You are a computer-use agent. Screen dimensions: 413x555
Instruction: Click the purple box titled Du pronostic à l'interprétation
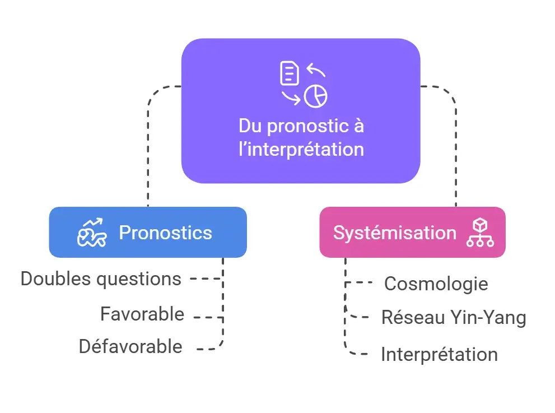pos(301,111)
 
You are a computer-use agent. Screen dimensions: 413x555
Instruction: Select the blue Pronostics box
pos(148,233)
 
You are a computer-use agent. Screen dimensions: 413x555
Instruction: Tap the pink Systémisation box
pos(412,233)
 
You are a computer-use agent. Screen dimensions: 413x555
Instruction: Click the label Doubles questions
pos(101,279)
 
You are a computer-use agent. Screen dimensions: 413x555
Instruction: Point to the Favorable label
pos(142,314)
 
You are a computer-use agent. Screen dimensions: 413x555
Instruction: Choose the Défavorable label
pos(130,346)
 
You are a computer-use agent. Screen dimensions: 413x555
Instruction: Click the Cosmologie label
pos(436,284)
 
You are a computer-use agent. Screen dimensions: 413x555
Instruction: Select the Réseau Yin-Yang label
pos(454,317)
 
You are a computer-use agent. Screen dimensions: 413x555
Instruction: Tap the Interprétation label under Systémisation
pos(439,354)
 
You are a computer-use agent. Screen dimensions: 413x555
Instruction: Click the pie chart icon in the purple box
pos(316,96)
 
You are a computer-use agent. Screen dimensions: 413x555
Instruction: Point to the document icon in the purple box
pos(289,73)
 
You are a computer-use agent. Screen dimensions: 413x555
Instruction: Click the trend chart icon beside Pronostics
pos(91,233)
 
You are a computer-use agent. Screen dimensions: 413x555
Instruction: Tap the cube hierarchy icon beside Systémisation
pos(480,233)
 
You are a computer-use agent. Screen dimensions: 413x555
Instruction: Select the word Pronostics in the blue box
pos(165,233)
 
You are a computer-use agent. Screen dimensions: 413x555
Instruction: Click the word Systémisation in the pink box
pos(395,233)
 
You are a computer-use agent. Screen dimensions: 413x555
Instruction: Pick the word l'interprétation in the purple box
pos(301,150)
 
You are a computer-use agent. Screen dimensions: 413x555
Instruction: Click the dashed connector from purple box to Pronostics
pos(149,146)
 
